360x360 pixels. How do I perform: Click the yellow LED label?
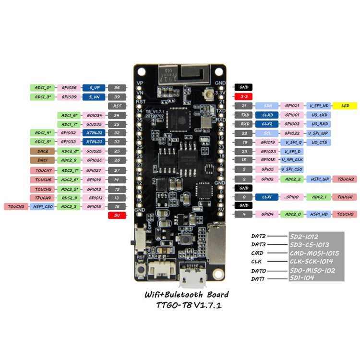346,105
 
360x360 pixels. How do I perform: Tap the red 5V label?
117,216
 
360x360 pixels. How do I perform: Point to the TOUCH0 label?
346,214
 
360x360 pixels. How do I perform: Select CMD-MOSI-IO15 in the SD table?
314,253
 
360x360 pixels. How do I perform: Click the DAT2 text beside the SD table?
259,236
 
